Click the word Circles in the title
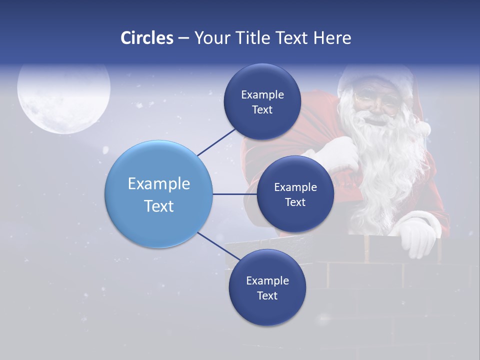(147, 38)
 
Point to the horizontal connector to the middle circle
(235, 194)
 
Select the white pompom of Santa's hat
(423, 128)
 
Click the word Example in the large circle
(159, 183)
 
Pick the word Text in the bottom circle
(267, 295)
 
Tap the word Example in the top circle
(262, 94)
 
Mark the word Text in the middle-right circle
(295, 202)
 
